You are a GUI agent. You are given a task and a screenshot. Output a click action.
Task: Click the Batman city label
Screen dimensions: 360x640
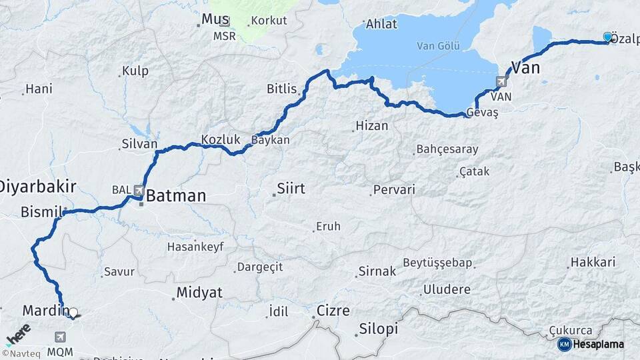click(176, 196)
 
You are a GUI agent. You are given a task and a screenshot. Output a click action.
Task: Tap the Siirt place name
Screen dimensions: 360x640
click(291, 189)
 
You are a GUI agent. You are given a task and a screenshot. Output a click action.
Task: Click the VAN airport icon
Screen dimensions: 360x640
click(501, 82)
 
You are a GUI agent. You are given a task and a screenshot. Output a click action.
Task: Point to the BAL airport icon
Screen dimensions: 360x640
click(139, 190)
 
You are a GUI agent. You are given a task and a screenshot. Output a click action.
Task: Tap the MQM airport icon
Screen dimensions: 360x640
click(61, 337)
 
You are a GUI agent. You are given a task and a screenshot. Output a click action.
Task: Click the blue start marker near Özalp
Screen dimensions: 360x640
click(607, 37)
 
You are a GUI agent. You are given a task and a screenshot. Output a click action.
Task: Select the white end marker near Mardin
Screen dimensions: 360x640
click(73, 312)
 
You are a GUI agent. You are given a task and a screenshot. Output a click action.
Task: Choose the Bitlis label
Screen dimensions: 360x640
click(281, 89)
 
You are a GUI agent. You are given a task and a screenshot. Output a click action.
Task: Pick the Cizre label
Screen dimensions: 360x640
click(333, 311)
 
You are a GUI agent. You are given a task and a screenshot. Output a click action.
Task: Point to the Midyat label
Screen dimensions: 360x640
click(199, 292)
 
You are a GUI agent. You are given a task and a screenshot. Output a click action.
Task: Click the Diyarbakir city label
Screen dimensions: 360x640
click(39, 186)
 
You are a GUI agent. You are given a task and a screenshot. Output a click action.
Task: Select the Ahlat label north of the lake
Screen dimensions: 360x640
click(382, 24)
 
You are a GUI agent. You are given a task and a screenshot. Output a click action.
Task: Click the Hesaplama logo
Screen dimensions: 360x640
click(591, 344)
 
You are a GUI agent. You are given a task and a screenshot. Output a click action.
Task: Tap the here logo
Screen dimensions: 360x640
click(18, 334)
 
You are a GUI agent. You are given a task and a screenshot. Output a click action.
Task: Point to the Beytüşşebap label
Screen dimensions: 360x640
click(437, 263)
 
